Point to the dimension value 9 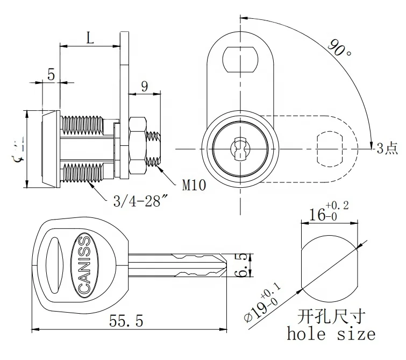click(x=144, y=86)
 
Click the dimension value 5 click(x=51, y=74)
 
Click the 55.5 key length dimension click(x=126, y=322)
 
